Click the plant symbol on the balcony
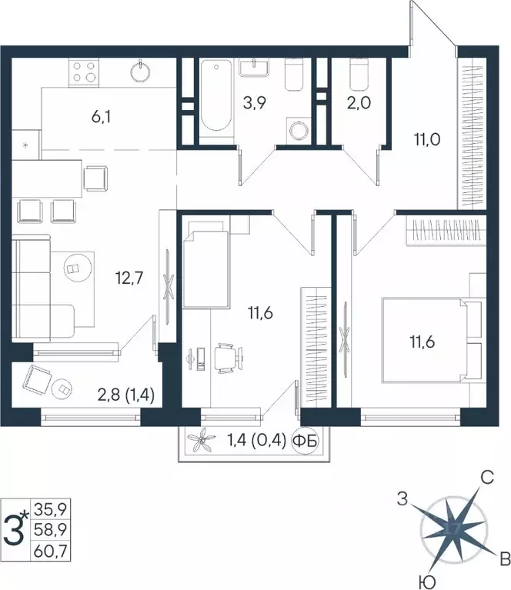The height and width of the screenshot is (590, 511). pyautogui.click(x=204, y=442)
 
